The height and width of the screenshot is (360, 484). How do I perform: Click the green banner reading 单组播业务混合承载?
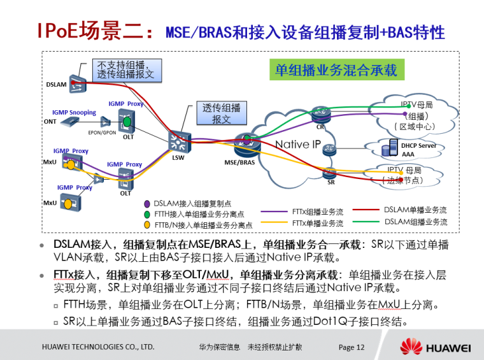click(x=336, y=69)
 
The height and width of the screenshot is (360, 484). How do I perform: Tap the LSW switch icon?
click(x=178, y=140)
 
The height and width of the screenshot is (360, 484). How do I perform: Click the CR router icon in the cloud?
click(x=320, y=115)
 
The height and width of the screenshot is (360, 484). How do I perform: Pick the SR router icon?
click(x=329, y=173)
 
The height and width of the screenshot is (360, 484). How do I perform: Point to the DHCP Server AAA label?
click(x=418, y=150)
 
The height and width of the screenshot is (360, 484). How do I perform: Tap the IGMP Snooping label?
click(x=75, y=112)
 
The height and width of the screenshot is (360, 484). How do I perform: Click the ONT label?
click(x=50, y=121)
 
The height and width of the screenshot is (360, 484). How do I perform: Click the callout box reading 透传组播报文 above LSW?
click(x=221, y=113)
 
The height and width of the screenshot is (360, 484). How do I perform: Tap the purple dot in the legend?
click(x=148, y=203)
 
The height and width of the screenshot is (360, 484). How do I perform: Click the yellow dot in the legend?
click(x=148, y=224)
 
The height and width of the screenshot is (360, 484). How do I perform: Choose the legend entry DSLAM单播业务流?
click(x=415, y=210)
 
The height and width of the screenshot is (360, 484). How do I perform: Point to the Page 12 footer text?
click(x=352, y=347)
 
